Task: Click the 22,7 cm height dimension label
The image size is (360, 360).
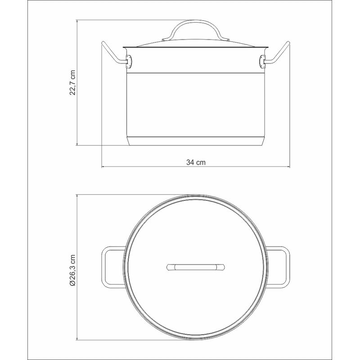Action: (72, 83)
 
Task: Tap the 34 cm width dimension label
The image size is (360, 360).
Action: (196, 162)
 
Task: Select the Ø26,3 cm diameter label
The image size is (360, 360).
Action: (73, 270)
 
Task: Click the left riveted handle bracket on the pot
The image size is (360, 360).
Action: (129, 61)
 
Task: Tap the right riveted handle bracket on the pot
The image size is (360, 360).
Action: (262, 61)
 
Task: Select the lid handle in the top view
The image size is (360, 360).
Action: (196, 267)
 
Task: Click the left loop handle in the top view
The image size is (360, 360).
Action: (104, 267)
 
